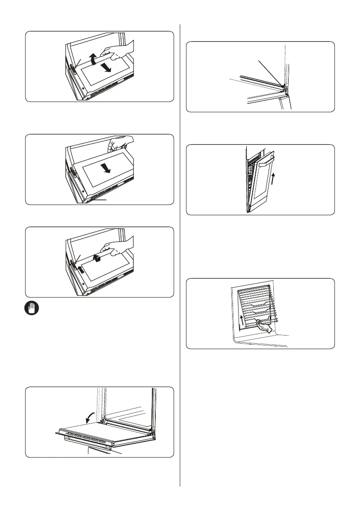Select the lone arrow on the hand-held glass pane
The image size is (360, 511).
click(106, 169)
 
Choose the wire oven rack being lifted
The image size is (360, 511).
click(253, 305)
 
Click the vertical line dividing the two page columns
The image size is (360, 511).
click(180, 257)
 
